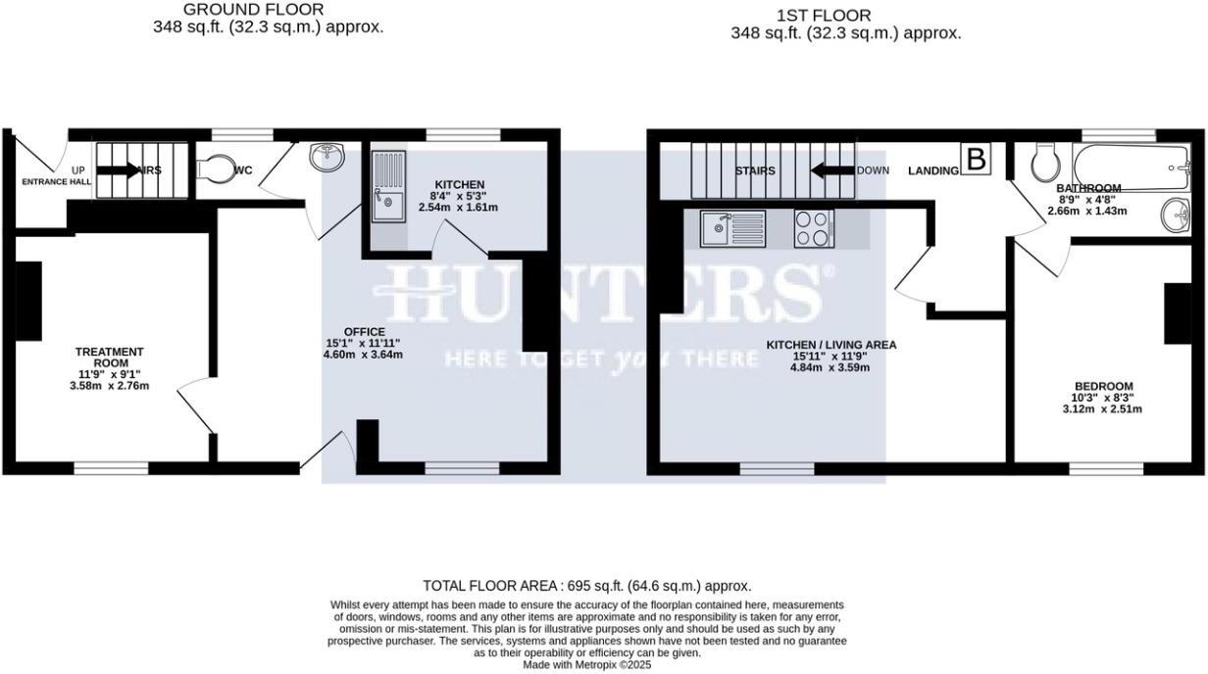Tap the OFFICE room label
364,331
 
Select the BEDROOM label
1103,386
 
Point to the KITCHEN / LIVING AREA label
831,345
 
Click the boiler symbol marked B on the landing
976,159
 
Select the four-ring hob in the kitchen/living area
812,228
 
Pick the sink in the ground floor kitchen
385,187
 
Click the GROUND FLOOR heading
267,10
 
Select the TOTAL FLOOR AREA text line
587,585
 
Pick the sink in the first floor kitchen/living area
731,229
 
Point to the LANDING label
932,171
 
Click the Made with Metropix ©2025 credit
586,664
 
